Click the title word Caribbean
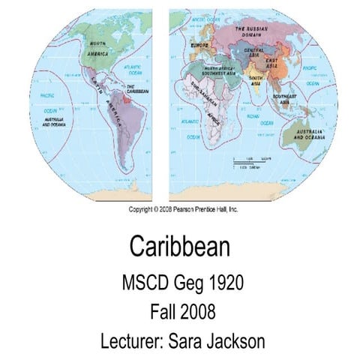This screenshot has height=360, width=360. [179, 245]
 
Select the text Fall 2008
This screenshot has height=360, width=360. [180, 311]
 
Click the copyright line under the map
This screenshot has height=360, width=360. [183, 209]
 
